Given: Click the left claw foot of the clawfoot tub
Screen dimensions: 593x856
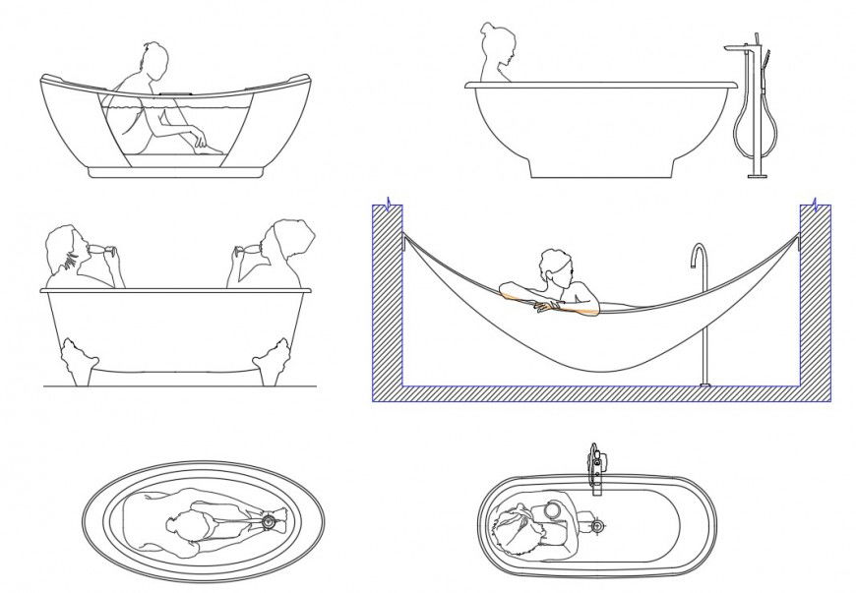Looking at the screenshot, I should click(77, 355).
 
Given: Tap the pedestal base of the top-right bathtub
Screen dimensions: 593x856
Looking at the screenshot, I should click(600, 166).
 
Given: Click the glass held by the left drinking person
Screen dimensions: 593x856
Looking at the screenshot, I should click(113, 255).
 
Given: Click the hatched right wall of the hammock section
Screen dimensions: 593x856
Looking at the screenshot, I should click(816, 295).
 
